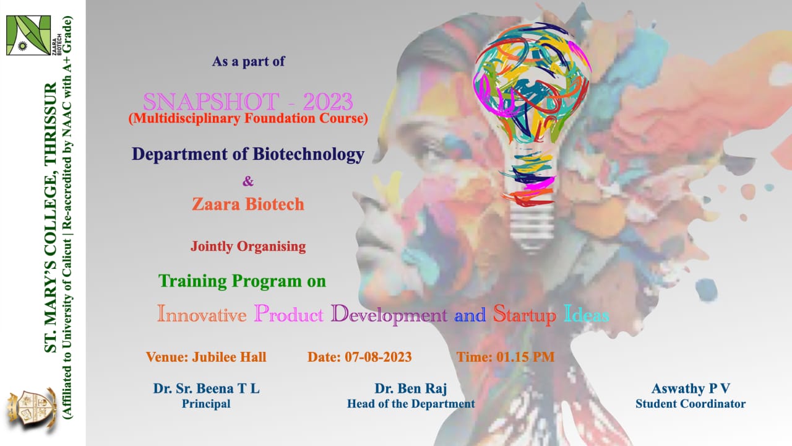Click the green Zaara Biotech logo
click(x=28, y=35)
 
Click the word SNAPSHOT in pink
click(x=211, y=102)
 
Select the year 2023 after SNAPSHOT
click(x=328, y=102)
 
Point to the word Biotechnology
click(x=308, y=154)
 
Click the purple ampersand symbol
click(x=248, y=181)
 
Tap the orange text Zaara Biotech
click(x=248, y=204)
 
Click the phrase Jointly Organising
click(x=248, y=247)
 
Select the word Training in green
click(x=192, y=281)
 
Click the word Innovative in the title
click(x=202, y=313)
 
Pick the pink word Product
click(x=288, y=313)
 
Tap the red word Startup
click(x=524, y=314)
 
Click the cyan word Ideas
click(x=586, y=313)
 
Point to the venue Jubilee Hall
click(x=229, y=357)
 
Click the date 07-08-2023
click(x=378, y=357)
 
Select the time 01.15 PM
click(x=525, y=357)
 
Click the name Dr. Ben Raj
click(x=410, y=388)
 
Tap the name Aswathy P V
click(x=691, y=388)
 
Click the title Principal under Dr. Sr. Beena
click(x=206, y=404)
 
